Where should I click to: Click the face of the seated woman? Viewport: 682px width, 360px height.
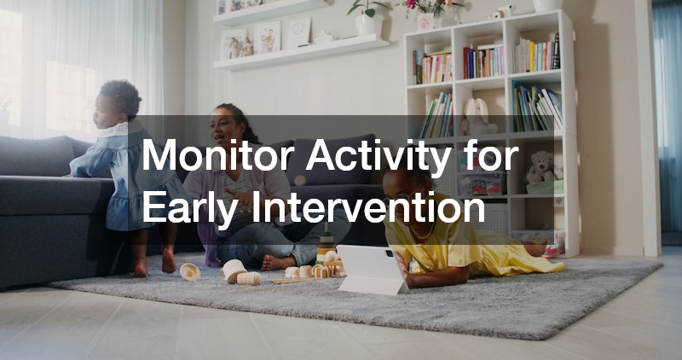[x=223, y=128]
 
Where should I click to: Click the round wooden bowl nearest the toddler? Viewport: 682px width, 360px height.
[x=190, y=272]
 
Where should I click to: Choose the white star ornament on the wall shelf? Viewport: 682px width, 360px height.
[x=323, y=37]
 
